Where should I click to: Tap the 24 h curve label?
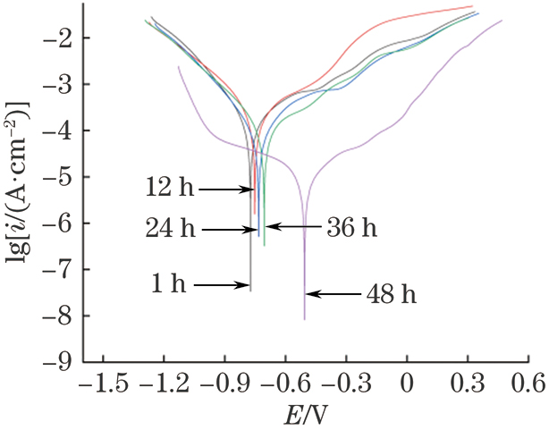pyautogui.click(x=170, y=229)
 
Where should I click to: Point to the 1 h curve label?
pyautogui.click(x=168, y=285)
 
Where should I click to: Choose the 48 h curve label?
pyautogui.click(x=391, y=292)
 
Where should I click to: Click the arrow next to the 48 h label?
pyautogui.click(x=334, y=292)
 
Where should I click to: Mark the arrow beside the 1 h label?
pyautogui.click(x=221, y=285)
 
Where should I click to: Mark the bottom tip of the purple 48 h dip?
pyautogui.click(x=305, y=318)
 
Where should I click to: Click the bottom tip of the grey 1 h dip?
pyautogui.click(x=250, y=290)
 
